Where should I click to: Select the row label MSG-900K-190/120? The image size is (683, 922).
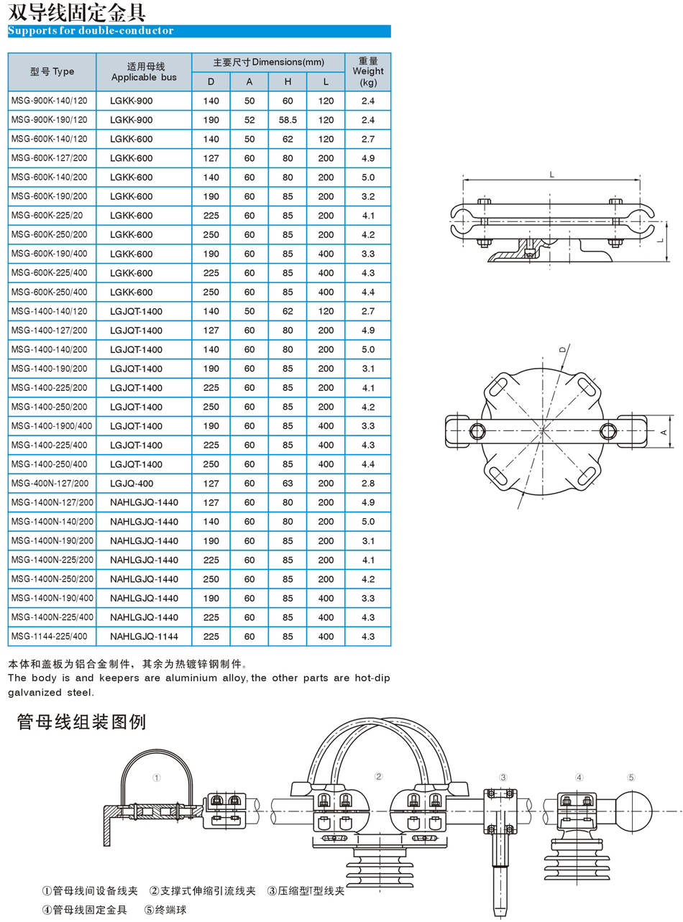tap(50, 119)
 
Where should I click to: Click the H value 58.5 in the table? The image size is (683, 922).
tap(288, 119)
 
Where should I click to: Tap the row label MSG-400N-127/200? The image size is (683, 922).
tap(50, 483)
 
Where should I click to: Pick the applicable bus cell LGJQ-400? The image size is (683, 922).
tap(132, 483)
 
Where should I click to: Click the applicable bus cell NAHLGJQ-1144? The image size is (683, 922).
tap(143, 636)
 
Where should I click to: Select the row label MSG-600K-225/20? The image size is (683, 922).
tap(47, 215)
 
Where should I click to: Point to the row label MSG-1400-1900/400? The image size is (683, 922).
tap(52, 425)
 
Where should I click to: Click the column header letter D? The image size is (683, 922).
tap(211, 81)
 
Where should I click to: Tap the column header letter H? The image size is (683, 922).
tap(288, 81)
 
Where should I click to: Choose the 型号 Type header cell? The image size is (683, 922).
tap(52, 72)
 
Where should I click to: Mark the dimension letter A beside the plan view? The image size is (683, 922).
tap(664, 431)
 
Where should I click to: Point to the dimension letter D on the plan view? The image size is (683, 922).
tap(563, 349)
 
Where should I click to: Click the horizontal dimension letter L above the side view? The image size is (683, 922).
tap(551, 175)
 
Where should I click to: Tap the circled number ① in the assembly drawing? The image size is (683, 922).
tap(157, 778)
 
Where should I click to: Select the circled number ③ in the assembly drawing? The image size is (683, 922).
tap(503, 777)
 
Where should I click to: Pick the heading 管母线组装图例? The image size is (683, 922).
tap(81, 722)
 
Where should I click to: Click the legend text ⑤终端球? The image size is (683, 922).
tap(167, 909)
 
